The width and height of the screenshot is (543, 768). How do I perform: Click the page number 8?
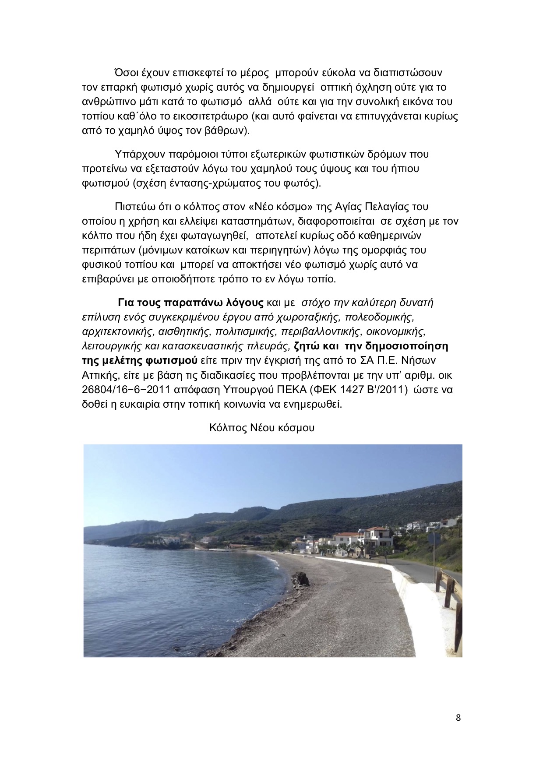coord(458,717)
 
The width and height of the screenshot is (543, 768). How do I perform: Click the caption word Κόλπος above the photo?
coord(226,427)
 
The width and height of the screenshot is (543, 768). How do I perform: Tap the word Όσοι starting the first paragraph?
coord(126,72)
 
